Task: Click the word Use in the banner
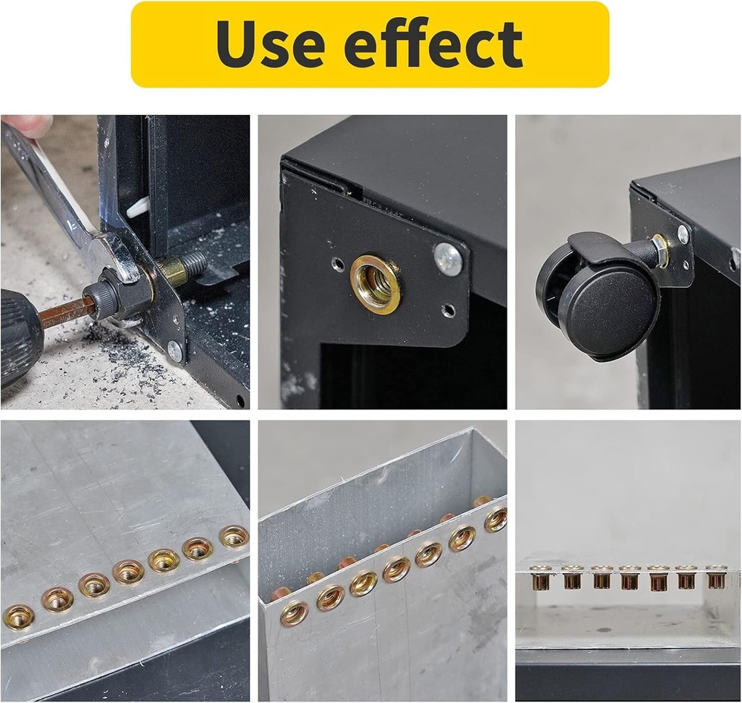pyautogui.click(x=270, y=44)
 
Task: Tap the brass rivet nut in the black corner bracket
pyautogui.click(x=375, y=284)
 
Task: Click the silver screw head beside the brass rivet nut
pyautogui.click(x=448, y=259)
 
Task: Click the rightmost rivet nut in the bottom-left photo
pyautogui.click(x=234, y=537)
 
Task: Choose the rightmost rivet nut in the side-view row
pyautogui.click(x=715, y=577)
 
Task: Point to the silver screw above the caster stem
pyautogui.click(x=683, y=234)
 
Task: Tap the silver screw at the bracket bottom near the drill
pyautogui.click(x=176, y=351)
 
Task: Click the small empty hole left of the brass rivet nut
pyautogui.click(x=337, y=263)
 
